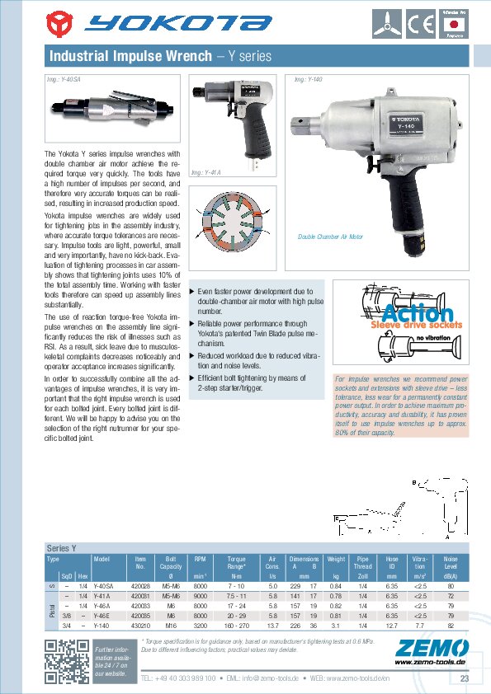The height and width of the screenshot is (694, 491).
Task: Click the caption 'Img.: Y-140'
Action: tap(308, 80)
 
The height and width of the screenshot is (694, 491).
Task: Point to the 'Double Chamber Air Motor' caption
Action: tap(330, 237)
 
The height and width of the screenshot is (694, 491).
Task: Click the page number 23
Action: tap(464, 678)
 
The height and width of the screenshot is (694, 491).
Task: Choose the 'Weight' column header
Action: tap(335, 559)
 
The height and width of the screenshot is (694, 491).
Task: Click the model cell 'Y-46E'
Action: tap(102, 616)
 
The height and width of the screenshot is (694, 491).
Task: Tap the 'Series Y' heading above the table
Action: tap(62, 547)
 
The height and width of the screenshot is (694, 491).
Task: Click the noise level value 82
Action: tap(451, 626)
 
